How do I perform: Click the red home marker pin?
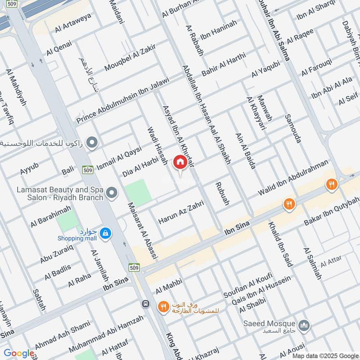point(180,162)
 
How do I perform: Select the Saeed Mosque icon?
point(304,324)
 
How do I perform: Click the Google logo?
point(19,354)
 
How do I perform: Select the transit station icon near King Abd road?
point(145,304)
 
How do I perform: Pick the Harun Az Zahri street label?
point(181,213)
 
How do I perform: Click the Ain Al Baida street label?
point(245,150)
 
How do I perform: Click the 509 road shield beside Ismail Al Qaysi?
point(88,170)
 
